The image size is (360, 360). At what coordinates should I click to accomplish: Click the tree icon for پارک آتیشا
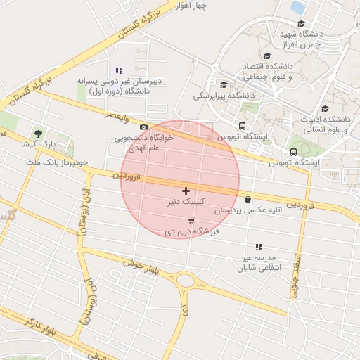coord(38,132)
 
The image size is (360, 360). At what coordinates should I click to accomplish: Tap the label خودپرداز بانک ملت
coord(56,162)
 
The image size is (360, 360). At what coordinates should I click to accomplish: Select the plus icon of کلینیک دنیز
coord(186,191)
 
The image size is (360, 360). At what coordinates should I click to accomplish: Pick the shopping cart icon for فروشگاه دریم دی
coord(191,221)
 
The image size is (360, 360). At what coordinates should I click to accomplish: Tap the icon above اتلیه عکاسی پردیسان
coord(247,199)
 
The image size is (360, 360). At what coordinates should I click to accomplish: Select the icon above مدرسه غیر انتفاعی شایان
coord(259,247)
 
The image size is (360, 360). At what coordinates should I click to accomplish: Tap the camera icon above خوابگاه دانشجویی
coord(143,127)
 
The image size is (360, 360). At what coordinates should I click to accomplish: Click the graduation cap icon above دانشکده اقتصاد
coord(266,56)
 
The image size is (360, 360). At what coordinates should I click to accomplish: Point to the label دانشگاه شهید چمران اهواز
coord(301,39)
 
